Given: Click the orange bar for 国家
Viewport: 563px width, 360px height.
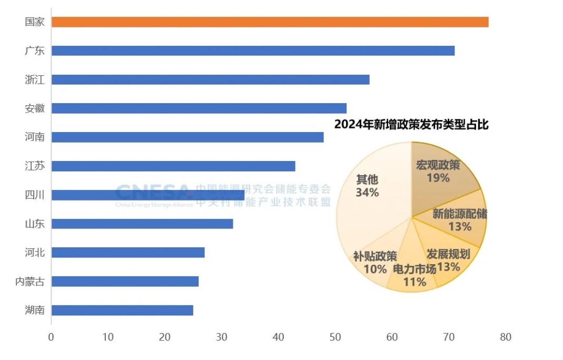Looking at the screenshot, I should coord(270,22).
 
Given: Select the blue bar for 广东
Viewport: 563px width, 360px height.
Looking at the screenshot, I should coord(253,51).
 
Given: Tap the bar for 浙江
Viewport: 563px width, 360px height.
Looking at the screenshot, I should coord(210,79).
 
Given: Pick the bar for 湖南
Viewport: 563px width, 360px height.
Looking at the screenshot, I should coord(122,310).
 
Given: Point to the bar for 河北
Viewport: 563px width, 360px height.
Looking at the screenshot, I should coord(128,253).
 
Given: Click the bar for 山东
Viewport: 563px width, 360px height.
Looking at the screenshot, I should coord(142,224).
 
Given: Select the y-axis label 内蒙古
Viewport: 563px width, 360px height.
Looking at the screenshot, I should coord(29,282).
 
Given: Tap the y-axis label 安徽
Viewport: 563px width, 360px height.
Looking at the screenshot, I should coord(35,109).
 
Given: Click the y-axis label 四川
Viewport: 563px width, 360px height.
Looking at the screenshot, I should coord(35,195).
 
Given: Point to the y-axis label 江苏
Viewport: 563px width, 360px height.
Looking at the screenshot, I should coord(35,166).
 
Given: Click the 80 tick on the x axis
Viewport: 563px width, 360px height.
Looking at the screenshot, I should coord(505,337).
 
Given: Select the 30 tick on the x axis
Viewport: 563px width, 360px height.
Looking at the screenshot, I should coord(222,337).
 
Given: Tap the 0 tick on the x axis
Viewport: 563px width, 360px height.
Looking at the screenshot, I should coord(51,337).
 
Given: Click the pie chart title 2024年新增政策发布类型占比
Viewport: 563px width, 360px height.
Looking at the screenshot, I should coord(411,125).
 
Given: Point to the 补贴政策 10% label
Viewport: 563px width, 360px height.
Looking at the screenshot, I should coord(375,262).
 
